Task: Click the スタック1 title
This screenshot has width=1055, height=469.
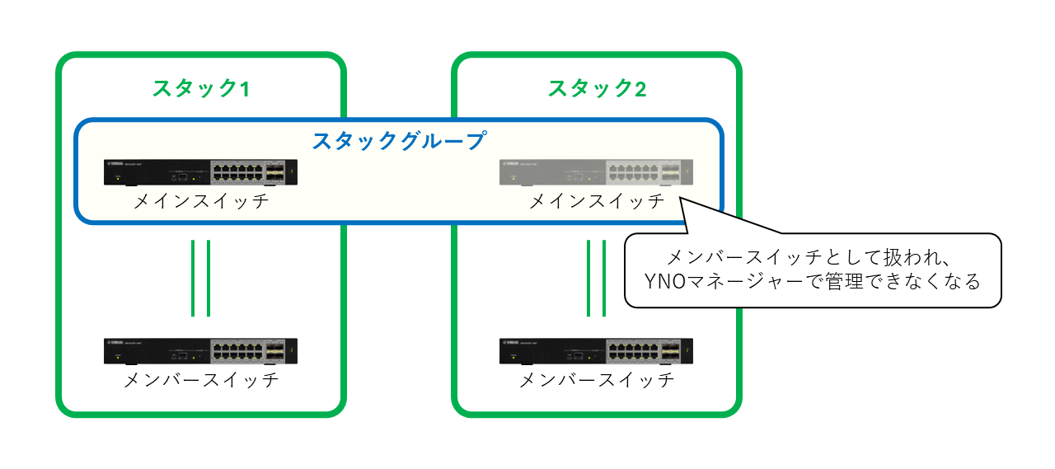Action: (200, 88)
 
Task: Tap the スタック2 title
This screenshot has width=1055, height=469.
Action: (597, 88)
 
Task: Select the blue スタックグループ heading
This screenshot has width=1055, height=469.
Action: (398, 140)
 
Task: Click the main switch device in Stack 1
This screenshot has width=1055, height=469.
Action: (201, 173)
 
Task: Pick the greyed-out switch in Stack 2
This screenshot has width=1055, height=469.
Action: (597, 173)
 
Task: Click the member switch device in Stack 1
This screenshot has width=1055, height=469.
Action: (201, 352)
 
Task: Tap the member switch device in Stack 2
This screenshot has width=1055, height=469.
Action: (597, 352)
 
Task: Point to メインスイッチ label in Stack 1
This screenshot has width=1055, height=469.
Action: (201, 201)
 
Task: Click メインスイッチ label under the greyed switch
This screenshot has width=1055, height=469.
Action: (597, 201)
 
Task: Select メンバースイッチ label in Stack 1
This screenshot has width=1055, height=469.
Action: (201, 381)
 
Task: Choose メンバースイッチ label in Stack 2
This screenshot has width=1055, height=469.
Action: (597, 381)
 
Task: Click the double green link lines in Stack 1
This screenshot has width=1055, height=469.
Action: (201, 278)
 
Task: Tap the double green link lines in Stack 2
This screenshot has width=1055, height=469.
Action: (597, 278)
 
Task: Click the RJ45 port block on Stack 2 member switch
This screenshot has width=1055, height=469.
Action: (632, 352)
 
